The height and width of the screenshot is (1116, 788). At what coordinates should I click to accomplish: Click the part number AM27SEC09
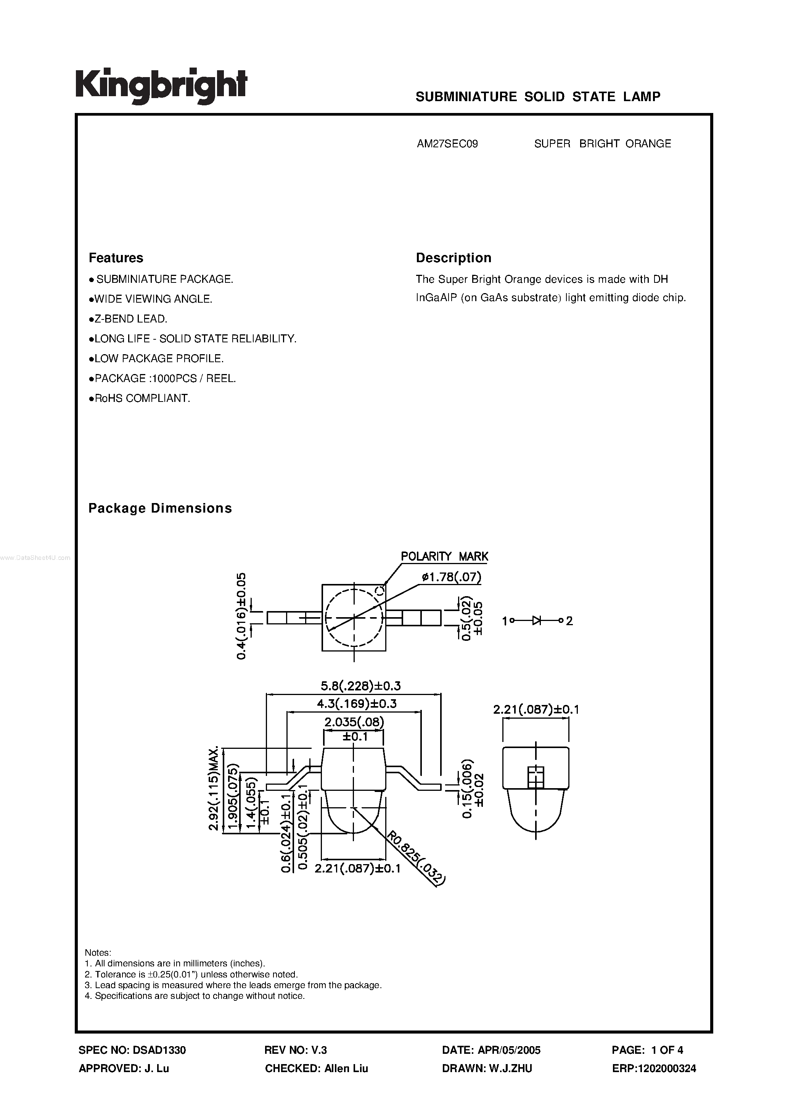pyautogui.click(x=447, y=144)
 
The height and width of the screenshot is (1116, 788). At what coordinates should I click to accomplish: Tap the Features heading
pyautogui.click(x=116, y=258)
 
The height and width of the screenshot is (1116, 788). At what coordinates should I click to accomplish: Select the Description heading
pyautogui.click(x=453, y=258)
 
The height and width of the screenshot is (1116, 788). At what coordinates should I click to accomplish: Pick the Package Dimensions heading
pyautogui.click(x=160, y=508)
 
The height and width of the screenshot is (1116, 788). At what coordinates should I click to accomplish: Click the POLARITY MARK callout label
pyautogui.click(x=444, y=556)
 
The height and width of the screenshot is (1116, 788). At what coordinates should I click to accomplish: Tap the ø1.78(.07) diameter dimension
pyautogui.click(x=451, y=577)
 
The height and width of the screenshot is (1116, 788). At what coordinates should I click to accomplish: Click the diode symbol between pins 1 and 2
pyautogui.click(x=536, y=620)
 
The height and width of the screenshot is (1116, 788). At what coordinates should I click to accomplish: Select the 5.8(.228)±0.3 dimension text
pyautogui.click(x=360, y=686)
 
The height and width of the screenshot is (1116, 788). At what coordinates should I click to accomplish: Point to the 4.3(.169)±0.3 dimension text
pyautogui.click(x=357, y=703)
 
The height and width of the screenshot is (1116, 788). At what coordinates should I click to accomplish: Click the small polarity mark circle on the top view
pyautogui.click(x=380, y=591)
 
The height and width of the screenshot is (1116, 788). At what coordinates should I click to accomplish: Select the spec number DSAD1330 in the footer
pyautogui.click(x=158, y=1050)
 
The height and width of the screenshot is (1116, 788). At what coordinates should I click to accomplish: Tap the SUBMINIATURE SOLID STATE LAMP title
pyautogui.click(x=538, y=97)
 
